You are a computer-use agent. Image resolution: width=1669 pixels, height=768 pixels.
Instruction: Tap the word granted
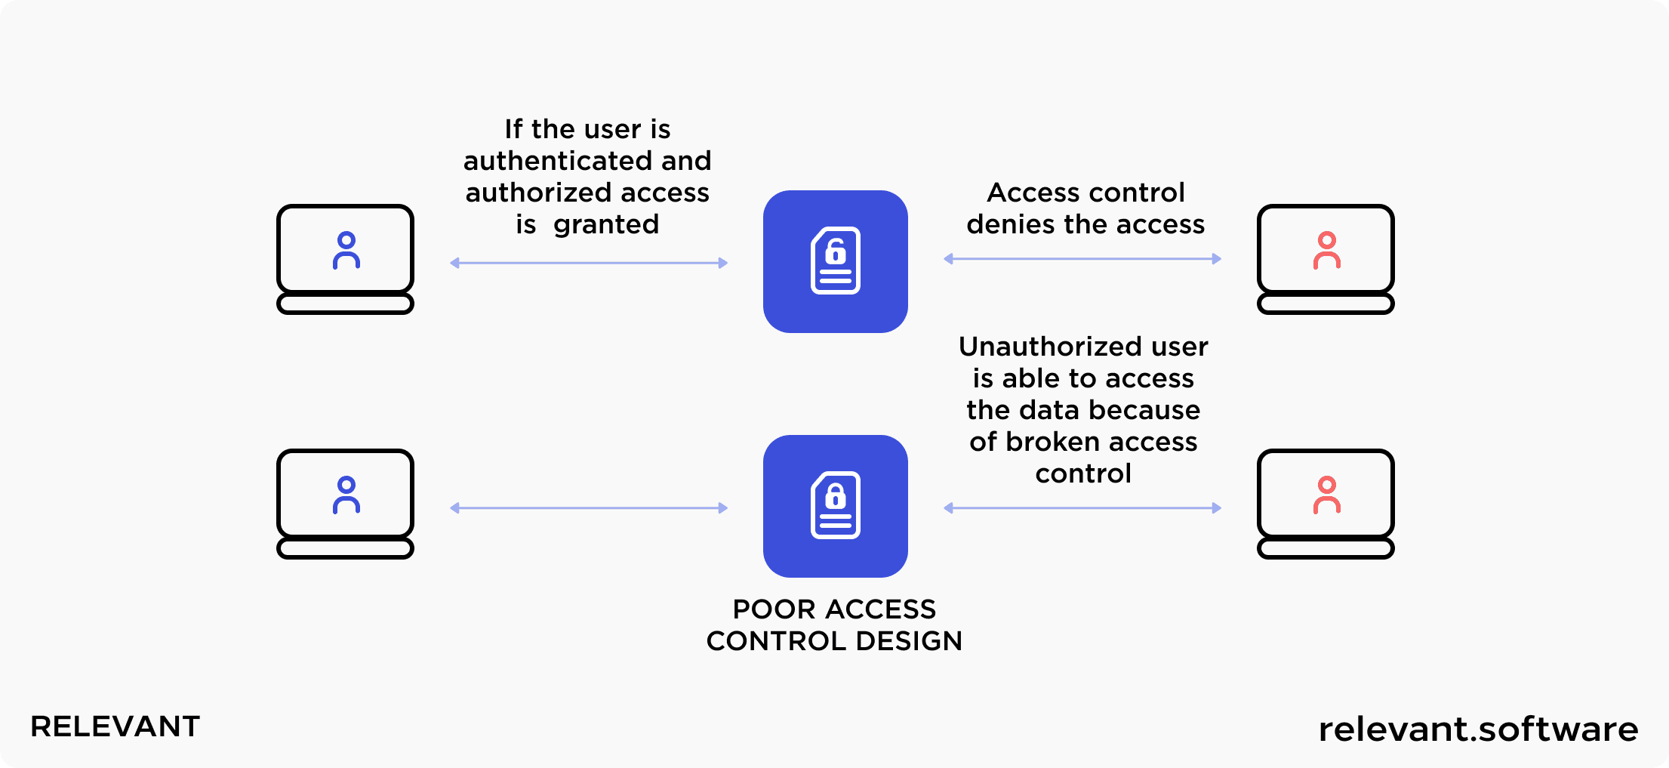[x=606, y=224]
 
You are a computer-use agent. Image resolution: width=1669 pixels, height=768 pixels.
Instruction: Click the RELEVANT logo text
[x=115, y=726]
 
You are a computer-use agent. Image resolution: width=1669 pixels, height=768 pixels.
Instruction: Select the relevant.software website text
[x=1478, y=729]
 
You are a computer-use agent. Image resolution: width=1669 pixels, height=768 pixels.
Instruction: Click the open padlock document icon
[x=836, y=261]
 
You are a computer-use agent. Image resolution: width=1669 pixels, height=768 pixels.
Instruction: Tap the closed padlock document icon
[x=836, y=505]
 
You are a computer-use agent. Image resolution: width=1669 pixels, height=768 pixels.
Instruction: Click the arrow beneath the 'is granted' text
[x=589, y=263]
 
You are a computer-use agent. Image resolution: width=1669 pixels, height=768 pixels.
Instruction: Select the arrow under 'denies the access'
[x=1082, y=259]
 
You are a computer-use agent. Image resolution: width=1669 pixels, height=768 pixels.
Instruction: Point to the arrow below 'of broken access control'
[x=1082, y=508]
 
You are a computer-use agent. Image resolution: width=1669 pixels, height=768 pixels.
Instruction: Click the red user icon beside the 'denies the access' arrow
[x=1326, y=251]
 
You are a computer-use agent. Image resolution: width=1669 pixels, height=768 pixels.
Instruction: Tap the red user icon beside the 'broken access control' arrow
[x=1326, y=495]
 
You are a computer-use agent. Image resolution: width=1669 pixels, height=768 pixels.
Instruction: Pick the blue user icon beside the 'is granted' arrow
[x=346, y=251]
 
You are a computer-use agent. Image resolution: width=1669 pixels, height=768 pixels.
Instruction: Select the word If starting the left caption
[x=513, y=129]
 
